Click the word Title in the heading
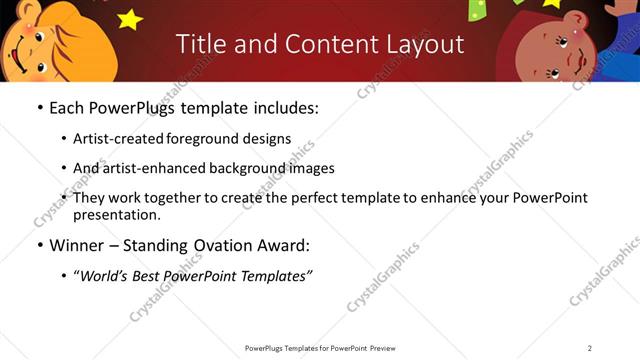200,44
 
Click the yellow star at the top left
130,17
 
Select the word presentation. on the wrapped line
116,214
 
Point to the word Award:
286,245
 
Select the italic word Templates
275,276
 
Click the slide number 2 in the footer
590,348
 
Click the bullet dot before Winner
39,245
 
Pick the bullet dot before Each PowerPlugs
39,108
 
